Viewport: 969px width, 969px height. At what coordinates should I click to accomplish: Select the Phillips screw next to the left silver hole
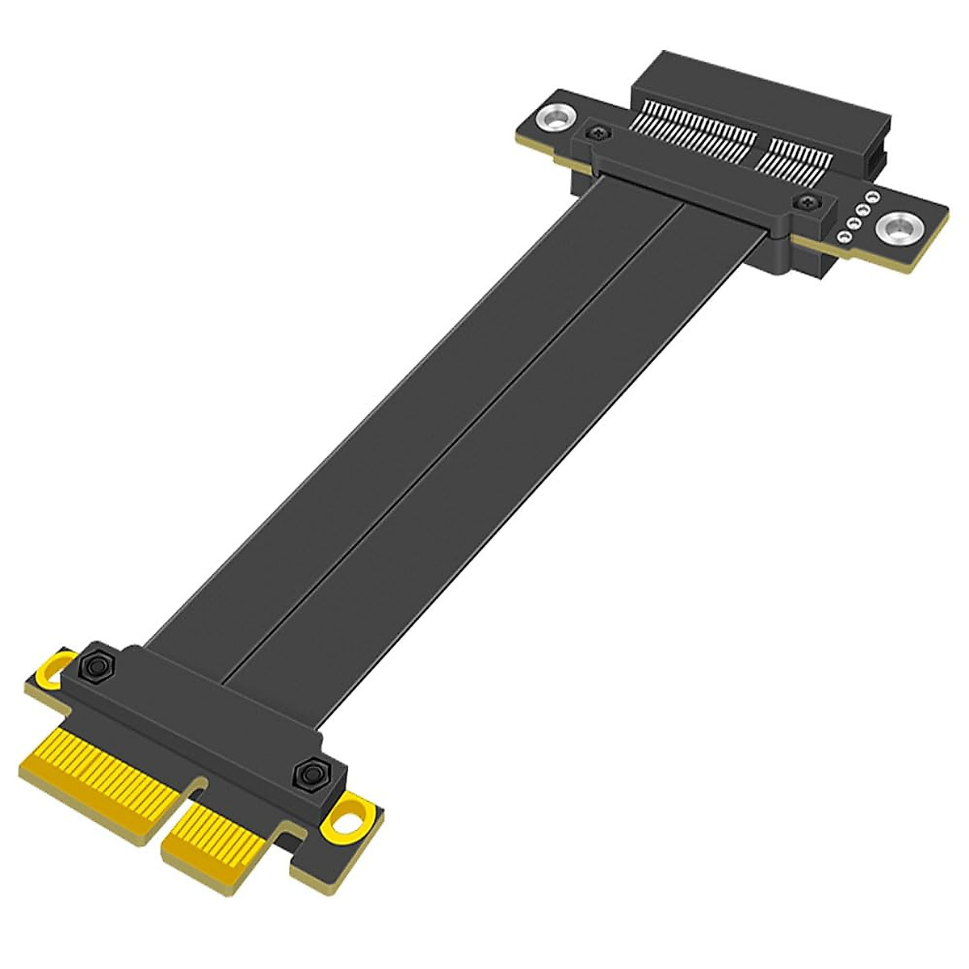[x=598, y=132]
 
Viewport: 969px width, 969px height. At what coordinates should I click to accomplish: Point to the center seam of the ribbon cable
[x=452, y=436]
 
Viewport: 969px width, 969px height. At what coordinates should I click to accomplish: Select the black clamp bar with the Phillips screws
[x=703, y=178]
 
